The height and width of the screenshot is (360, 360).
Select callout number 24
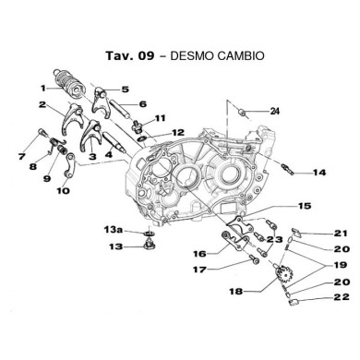(273, 112)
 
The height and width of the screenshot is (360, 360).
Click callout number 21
(315, 233)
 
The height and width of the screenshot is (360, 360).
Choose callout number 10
(63, 191)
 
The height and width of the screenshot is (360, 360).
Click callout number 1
(43, 88)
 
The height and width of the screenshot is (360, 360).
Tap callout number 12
(177, 132)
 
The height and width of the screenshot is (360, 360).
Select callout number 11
(160, 118)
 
